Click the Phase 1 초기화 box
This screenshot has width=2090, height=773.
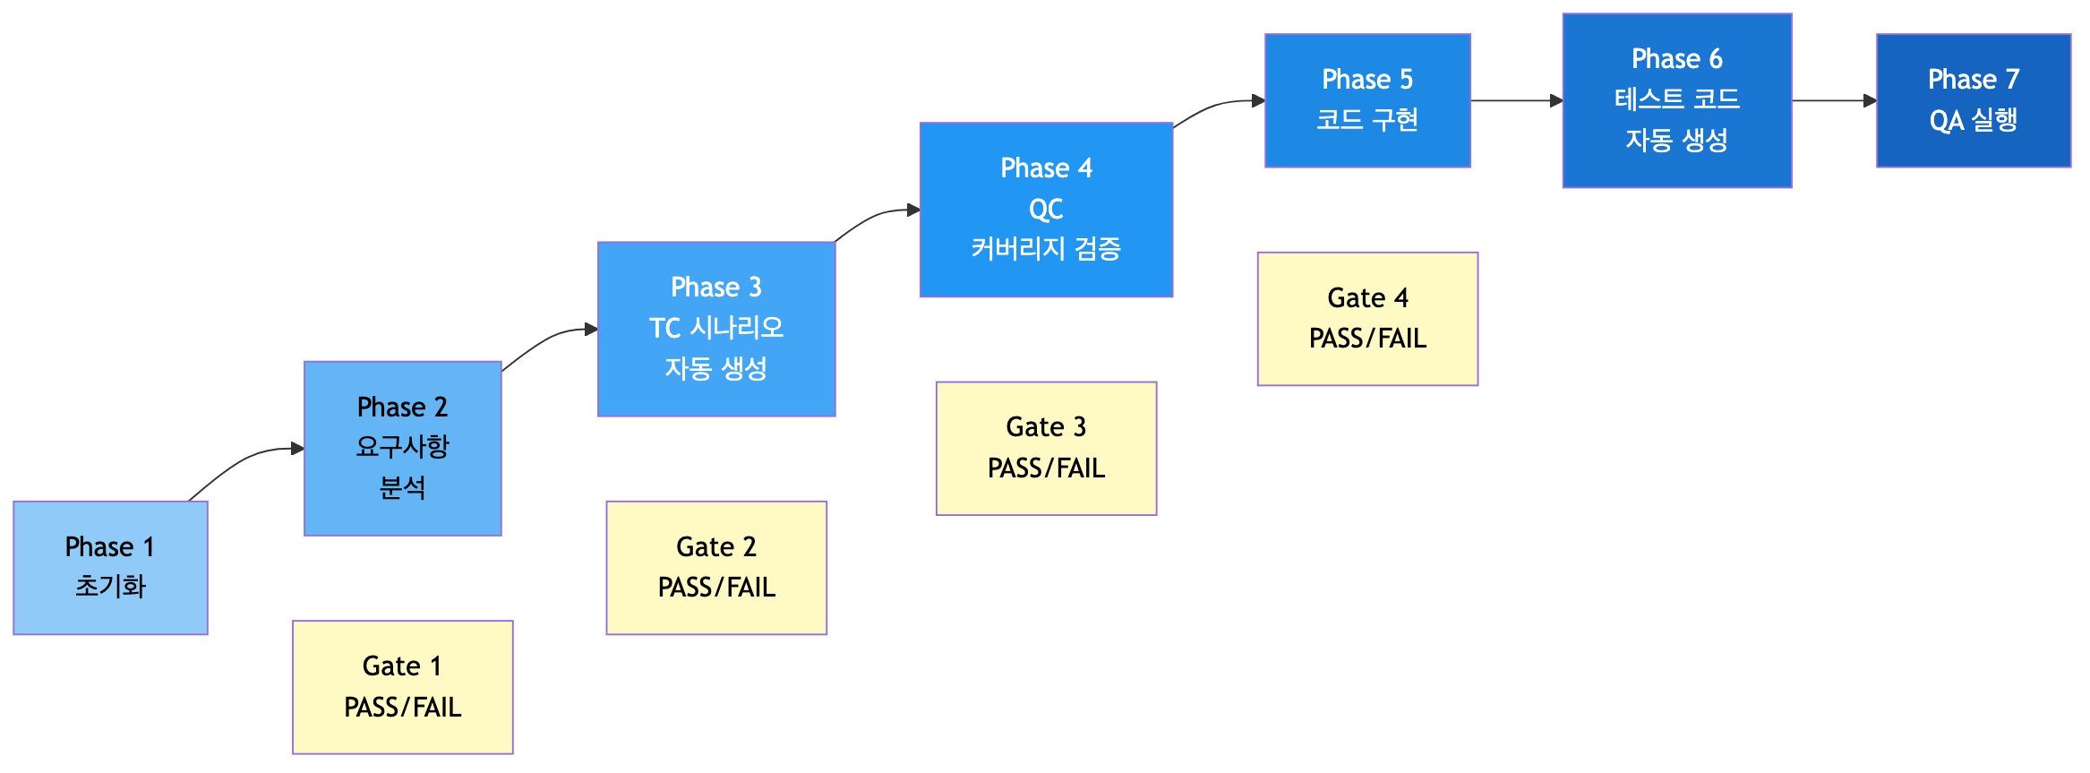tap(110, 567)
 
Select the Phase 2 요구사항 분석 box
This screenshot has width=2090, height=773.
tap(402, 448)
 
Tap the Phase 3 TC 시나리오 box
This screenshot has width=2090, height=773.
tap(715, 329)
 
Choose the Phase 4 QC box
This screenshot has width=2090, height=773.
tap(1046, 209)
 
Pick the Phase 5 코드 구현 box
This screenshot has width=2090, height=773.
tap(1366, 100)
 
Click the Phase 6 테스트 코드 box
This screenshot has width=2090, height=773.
tap(1676, 100)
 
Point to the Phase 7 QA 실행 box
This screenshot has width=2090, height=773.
tap(1973, 100)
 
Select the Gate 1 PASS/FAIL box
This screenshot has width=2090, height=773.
tap(402, 687)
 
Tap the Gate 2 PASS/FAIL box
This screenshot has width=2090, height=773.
tap(715, 567)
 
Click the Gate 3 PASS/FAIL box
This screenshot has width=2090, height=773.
tap(1046, 448)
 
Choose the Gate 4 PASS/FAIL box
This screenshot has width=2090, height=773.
tap(1366, 318)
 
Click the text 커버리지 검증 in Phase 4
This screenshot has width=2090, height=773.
tap(1046, 248)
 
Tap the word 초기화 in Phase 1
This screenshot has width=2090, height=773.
tap(110, 587)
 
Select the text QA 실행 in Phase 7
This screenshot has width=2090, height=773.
tap(1973, 120)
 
